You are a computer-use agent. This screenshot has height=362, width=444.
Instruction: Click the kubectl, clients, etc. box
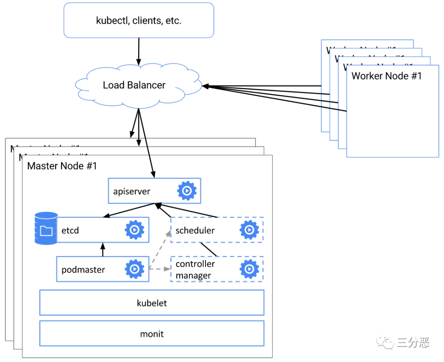tap(139, 21)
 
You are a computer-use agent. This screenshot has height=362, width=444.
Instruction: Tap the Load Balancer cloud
tap(134, 85)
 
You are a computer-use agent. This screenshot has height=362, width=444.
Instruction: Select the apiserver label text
tap(132, 191)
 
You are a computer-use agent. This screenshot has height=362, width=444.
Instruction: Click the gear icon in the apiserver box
tap(187, 191)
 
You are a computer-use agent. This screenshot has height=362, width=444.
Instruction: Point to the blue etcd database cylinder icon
tap(46, 228)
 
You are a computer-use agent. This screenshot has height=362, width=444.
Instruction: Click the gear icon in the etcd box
tap(134, 230)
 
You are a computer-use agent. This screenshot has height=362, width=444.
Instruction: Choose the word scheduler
tap(195, 231)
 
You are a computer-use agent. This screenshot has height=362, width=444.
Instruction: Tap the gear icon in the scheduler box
tap(249, 230)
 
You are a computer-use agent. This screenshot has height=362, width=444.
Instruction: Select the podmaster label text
tap(83, 270)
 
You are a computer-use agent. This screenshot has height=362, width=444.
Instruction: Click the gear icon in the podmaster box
tap(134, 269)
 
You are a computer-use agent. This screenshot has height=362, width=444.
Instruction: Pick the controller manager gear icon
tap(249, 269)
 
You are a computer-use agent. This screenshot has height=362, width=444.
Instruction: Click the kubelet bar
tap(151, 303)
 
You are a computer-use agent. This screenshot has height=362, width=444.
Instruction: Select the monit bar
tap(151, 334)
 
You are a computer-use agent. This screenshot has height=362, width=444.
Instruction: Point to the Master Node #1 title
tap(62, 166)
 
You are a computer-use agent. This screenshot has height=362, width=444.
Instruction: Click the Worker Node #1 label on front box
tap(386, 76)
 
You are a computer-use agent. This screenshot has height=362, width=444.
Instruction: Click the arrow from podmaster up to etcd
tap(103, 250)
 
